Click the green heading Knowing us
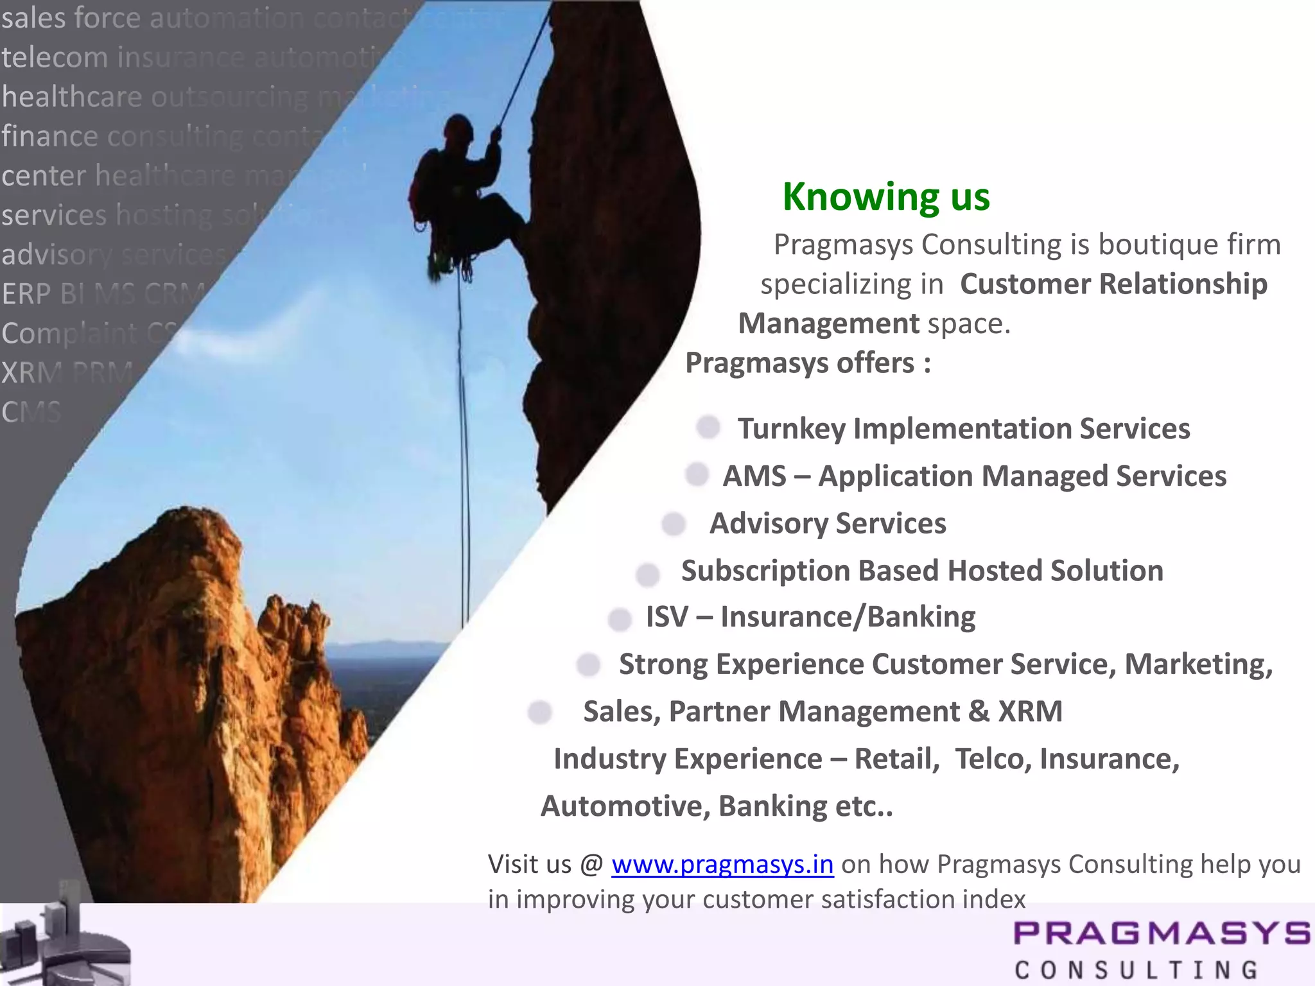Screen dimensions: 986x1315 (x=886, y=196)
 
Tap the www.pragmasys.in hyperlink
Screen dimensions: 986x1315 (x=722, y=865)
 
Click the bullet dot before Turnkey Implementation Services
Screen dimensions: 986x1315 (x=708, y=428)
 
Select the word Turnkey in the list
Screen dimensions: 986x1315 (x=791, y=429)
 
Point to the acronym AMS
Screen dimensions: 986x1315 (x=754, y=476)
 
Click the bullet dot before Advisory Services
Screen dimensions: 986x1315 (x=674, y=523)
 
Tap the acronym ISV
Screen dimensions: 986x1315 (x=666, y=617)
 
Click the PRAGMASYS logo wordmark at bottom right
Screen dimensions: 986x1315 (x=1161, y=933)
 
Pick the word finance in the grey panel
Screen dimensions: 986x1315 (x=50, y=136)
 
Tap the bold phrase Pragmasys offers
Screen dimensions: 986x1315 (x=807, y=363)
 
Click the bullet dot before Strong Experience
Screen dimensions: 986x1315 (x=588, y=664)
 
